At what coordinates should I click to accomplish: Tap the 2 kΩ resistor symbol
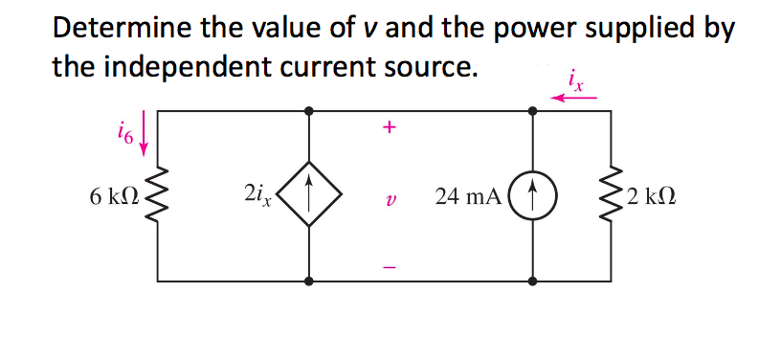611,197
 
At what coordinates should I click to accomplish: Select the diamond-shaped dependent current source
308,197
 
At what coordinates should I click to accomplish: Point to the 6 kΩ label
116,198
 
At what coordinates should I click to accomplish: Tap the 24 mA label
467,198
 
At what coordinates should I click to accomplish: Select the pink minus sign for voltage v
388,265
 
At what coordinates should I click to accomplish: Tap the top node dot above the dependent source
308,111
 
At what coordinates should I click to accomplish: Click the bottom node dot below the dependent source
308,282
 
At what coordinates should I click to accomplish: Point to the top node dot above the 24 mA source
532,111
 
